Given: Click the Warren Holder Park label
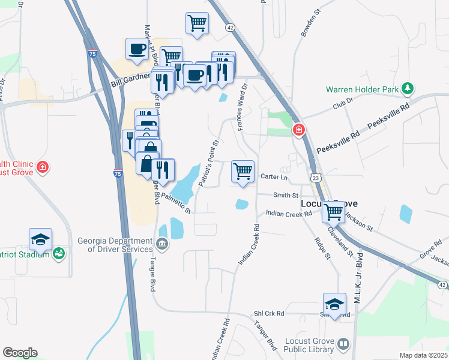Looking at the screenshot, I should point(362,89).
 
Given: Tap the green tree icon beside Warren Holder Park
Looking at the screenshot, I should point(408,89).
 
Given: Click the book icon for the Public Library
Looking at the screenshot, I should point(343,344).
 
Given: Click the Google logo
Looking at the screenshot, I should point(20,353).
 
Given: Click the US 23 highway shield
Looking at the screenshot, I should point(316,178).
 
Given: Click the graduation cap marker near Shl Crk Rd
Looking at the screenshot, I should point(335,304).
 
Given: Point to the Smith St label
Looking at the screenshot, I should point(286,196).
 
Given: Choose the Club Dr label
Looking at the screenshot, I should point(343,106).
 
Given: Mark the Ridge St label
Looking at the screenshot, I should point(323,248).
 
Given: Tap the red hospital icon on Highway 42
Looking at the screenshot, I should point(298,130).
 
